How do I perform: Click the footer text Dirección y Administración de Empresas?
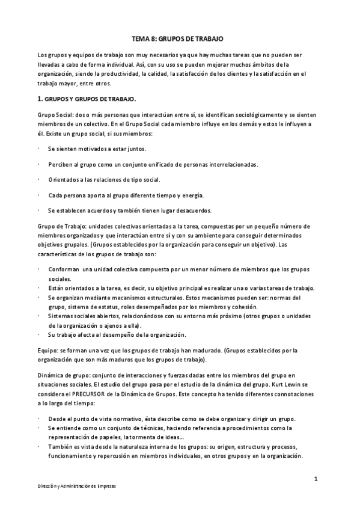coord(74,486)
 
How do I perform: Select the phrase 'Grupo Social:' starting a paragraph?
coord(55,115)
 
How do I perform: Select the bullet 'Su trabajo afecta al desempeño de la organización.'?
coord(126,334)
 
